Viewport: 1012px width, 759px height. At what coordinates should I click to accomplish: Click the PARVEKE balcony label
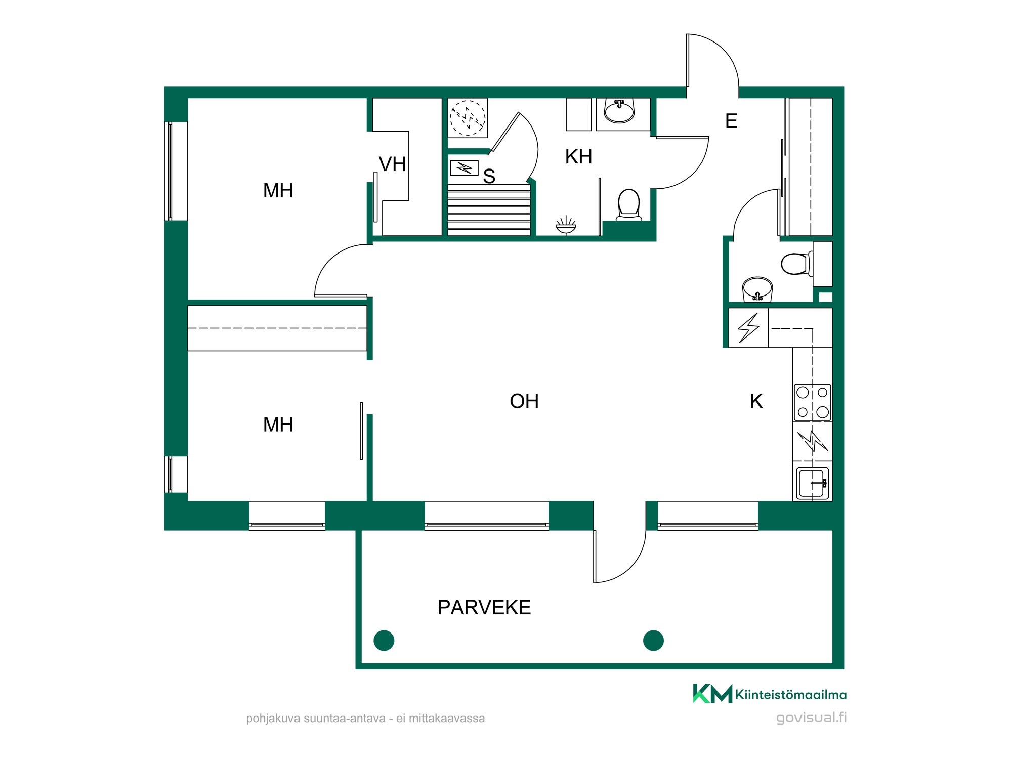click(x=484, y=607)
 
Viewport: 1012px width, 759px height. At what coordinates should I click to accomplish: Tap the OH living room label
click(x=524, y=401)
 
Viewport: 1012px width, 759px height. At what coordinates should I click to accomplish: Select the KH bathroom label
click(x=578, y=157)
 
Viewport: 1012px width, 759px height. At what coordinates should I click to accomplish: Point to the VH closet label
click(x=392, y=164)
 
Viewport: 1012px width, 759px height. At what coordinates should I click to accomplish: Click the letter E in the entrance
click(x=731, y=121)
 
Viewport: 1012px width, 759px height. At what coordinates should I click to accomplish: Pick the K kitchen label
click(x=756, y=401)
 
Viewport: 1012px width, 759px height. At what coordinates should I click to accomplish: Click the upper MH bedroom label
click(x=278, y=190)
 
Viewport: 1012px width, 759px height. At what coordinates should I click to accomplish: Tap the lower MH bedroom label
click(x=278, y=425)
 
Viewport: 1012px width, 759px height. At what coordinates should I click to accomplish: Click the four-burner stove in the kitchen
click(x=813, y=402)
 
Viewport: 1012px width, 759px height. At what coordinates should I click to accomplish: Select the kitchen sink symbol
click(x=813, y=483)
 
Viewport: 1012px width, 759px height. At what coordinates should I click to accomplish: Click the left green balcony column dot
click(x=384, y=640)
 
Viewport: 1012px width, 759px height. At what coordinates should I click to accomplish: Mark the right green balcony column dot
click(x=653, y=640)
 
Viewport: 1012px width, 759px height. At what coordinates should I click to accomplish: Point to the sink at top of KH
click(x=619, y=111)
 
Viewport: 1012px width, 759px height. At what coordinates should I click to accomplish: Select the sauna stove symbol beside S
click(x=464, y=167)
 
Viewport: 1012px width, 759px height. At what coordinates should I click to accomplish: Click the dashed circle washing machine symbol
click(x=468, y=118)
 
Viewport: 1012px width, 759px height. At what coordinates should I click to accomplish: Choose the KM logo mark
click(x=712, y=694)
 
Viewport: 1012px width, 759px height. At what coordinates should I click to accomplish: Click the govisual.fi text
click(x=811, y=718)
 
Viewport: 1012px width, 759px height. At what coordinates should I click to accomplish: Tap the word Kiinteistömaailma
click(x=791, y=695)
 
